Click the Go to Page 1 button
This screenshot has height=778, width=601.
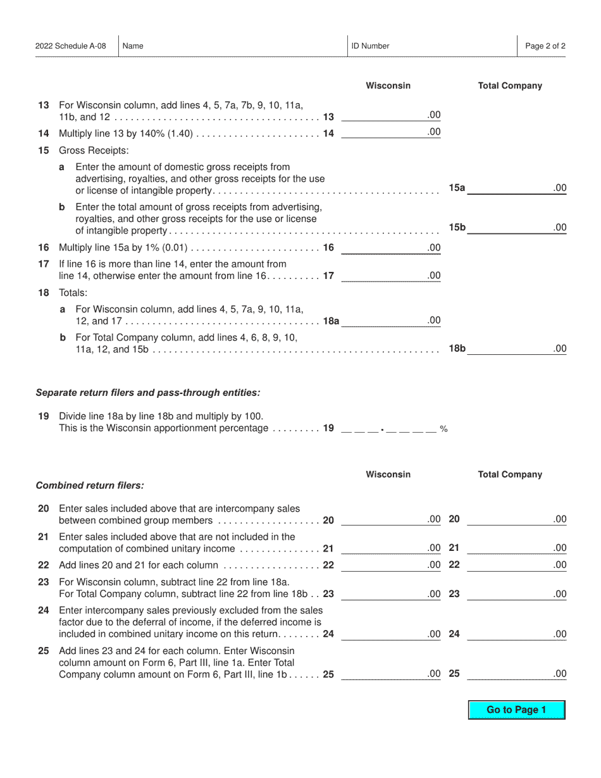pos(516,710)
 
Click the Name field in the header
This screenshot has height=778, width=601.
pos(233,46)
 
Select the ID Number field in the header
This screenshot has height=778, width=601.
pos(432,46)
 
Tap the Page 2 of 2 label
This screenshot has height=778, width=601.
pos(545,46)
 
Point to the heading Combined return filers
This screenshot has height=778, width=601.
pos(90,486)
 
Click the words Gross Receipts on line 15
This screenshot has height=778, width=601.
pos(93,151)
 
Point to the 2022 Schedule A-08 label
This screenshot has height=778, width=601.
pos(71,46)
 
